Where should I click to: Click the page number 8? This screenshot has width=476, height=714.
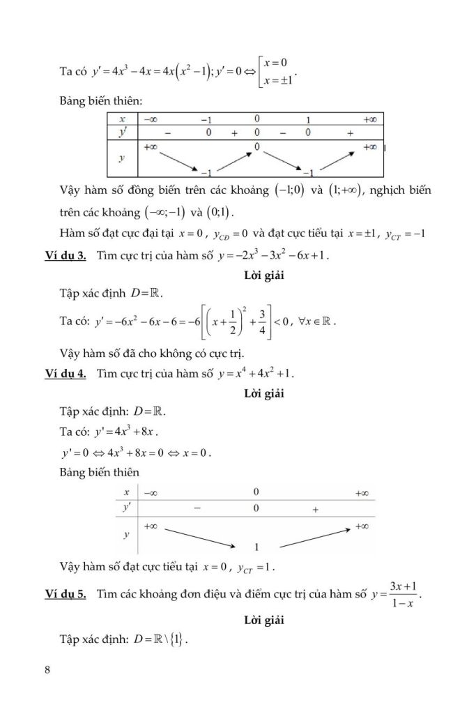click(47, 670)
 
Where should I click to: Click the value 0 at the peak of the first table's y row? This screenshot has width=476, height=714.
click(256, 146)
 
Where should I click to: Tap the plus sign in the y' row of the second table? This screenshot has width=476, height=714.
click(316, 510)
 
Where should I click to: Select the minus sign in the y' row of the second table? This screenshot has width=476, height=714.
click(198, 510)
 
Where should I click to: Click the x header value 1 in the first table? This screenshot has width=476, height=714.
click(307, 119)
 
